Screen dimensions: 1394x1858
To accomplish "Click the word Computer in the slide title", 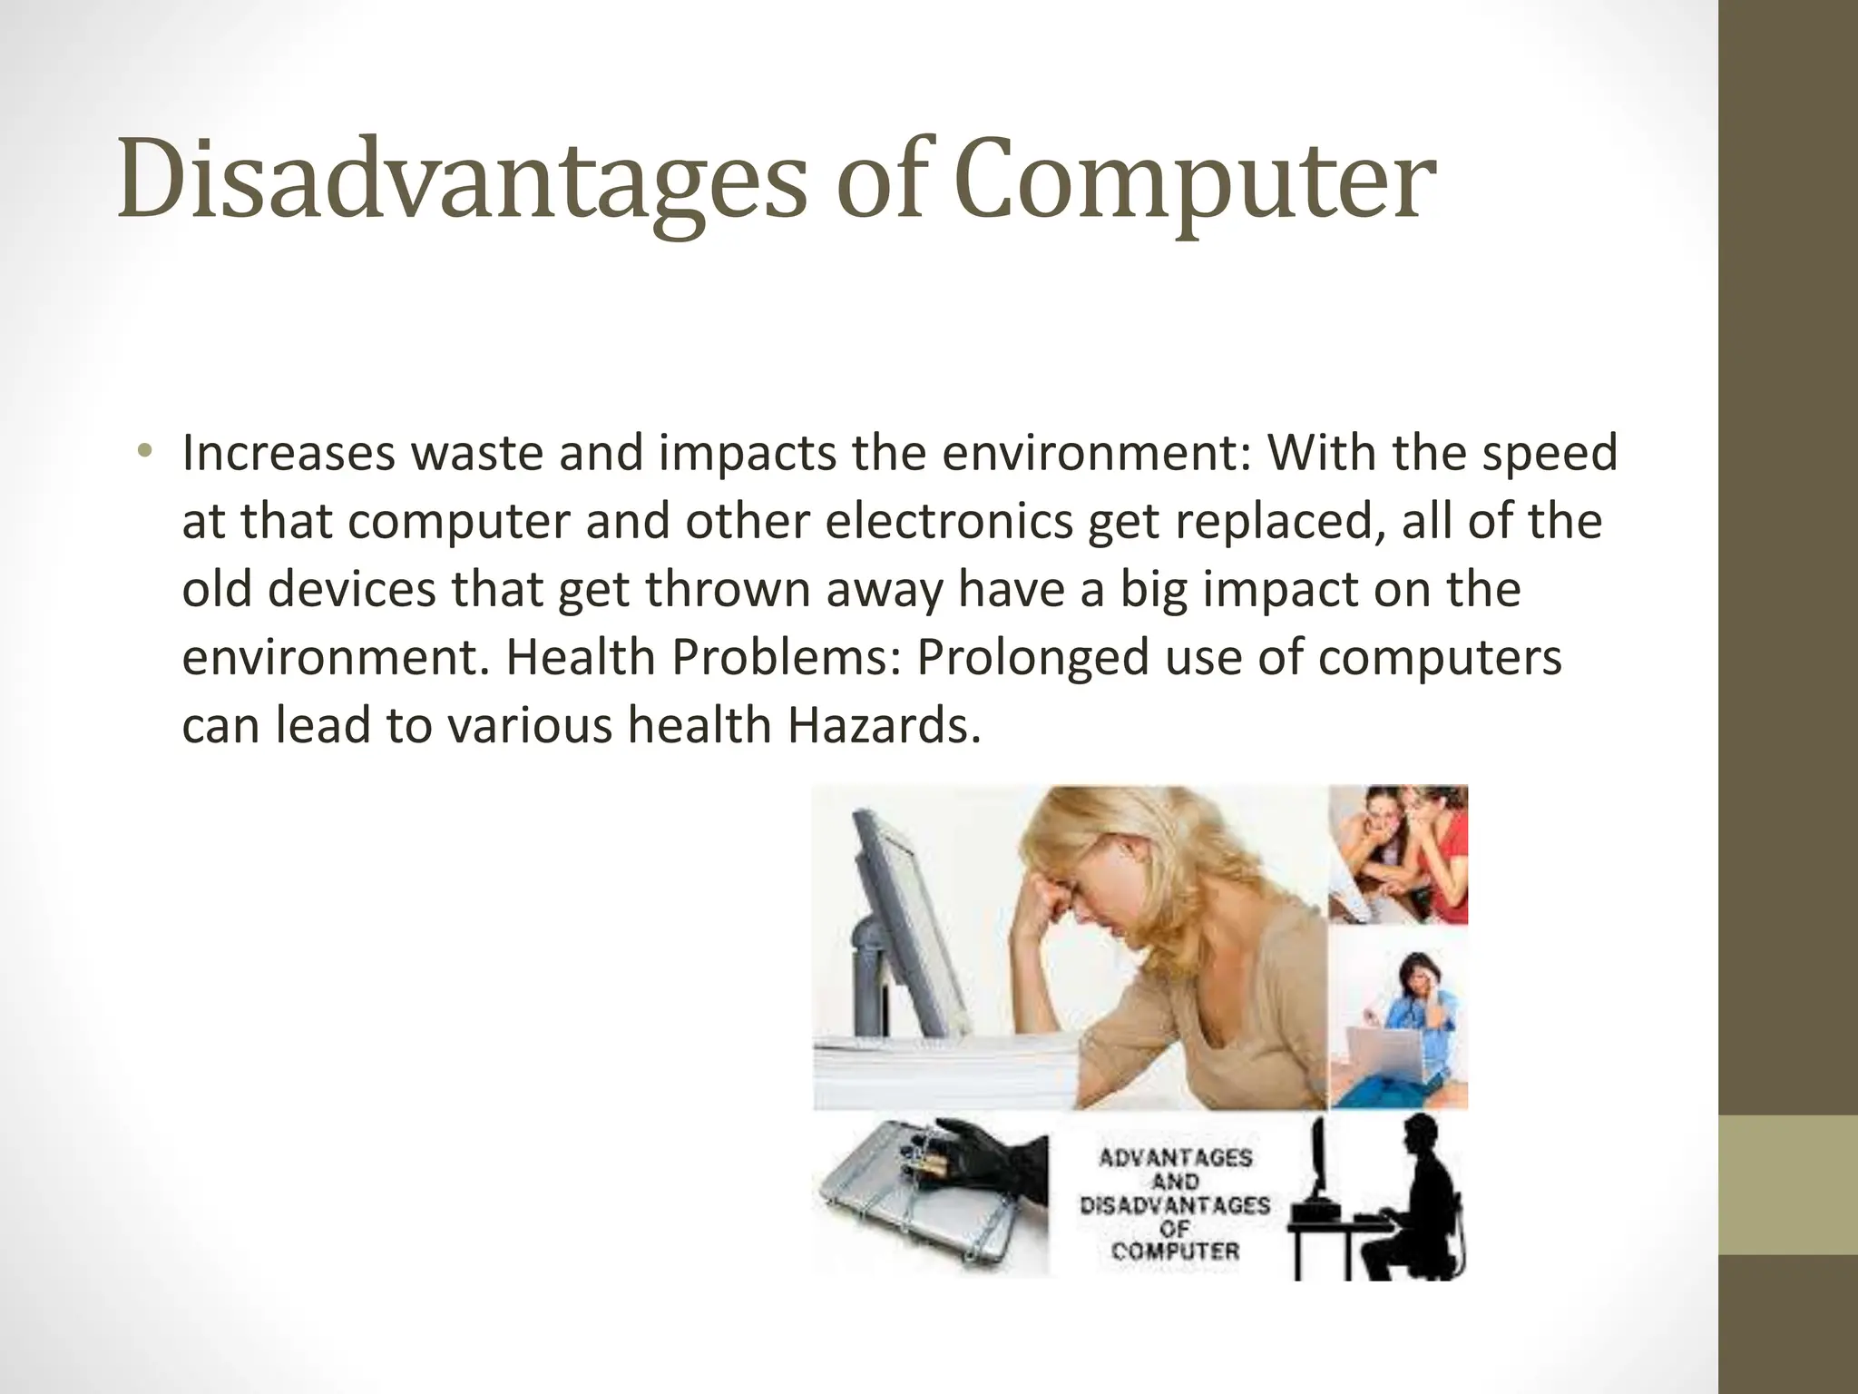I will click(x=1195, y=181).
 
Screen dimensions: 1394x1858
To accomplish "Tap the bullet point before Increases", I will click(x=145, y=451).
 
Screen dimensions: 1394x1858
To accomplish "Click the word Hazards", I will click(x=884, y=726).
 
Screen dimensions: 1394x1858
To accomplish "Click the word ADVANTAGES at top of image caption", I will click(x=1175, y=1158).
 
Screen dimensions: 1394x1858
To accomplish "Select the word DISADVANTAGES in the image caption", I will click(x=1175, y=1206).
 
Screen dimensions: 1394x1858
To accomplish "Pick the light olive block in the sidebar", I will click(x=1788, y=1184).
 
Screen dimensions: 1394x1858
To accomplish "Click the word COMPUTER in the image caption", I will click(x=1175, y=1252).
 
